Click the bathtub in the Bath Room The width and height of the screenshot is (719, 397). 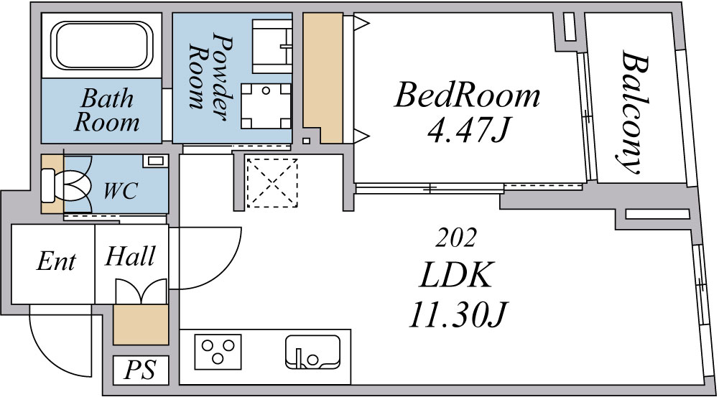click(101, 45)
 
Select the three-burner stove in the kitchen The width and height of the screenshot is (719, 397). click(218, 352)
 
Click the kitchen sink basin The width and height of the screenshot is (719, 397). click(312, 352)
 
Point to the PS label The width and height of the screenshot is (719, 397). click(140, 370)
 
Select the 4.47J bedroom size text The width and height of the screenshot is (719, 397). click(468, 130)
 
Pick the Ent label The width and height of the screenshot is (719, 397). click(55, 262)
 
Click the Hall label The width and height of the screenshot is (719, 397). click(130, 256)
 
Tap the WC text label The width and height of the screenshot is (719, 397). click(120, 191)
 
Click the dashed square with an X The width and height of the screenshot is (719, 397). click(272, 182)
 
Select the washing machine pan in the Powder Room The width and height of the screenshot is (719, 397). click(266, 106)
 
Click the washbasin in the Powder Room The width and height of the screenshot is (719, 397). click(272, 45)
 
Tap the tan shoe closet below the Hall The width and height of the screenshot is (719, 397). click(141, 324)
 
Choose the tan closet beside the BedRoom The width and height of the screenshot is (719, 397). click(323, 78)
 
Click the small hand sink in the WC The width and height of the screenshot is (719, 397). click(155, 161)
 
